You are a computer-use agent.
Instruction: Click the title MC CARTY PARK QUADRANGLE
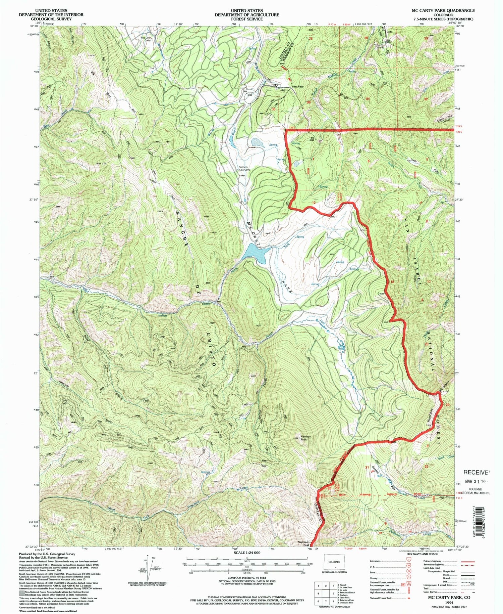pos(443,11)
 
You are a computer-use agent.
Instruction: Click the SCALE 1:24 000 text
pos(247,553)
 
